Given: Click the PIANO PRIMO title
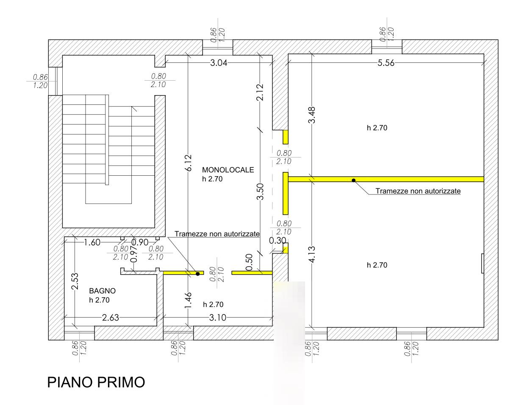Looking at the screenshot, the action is (96, 382).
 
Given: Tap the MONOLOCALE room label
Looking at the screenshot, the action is (228, 170).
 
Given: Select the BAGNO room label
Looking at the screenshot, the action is (103, 291).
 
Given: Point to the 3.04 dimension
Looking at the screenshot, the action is (219, 63).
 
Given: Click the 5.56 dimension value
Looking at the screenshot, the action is (386, 63).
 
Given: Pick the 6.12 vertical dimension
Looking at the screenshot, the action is (188, 163).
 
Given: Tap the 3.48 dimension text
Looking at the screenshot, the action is (312, 115).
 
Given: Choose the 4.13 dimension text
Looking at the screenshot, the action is (312, 254).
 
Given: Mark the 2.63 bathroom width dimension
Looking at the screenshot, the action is (111, 318).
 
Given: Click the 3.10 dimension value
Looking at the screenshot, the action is (217, 318).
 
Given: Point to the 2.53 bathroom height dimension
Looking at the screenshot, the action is (75, 281).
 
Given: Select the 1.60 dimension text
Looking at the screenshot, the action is (92, 242).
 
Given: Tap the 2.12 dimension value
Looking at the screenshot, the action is (260, 92).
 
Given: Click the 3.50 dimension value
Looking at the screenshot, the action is (260, 191).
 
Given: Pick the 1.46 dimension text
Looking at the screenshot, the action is (188, 300).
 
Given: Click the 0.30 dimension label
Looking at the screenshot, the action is (278, 241).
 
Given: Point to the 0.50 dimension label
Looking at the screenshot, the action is (249, 262).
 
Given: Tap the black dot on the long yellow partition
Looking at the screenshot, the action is (353, 180).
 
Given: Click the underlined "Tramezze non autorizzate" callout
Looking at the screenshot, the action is (418, 191).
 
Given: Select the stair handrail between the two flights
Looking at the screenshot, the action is (107, 140).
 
